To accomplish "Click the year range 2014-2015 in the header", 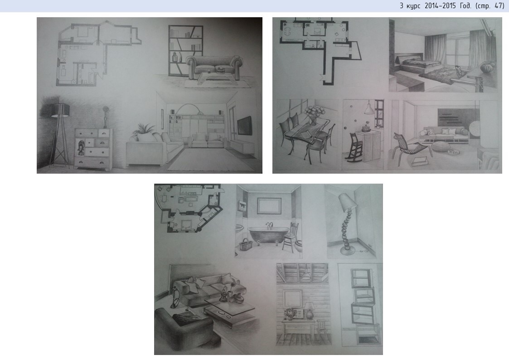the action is tap(440, 6).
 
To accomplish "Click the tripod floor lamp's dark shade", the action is tap(60, 110).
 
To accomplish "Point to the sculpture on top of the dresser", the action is tap(105, 117).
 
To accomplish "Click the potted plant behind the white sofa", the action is tap(144, 130).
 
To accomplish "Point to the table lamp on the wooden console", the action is tap(310, 311).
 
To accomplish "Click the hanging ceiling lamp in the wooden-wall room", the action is tap(305, 274).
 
